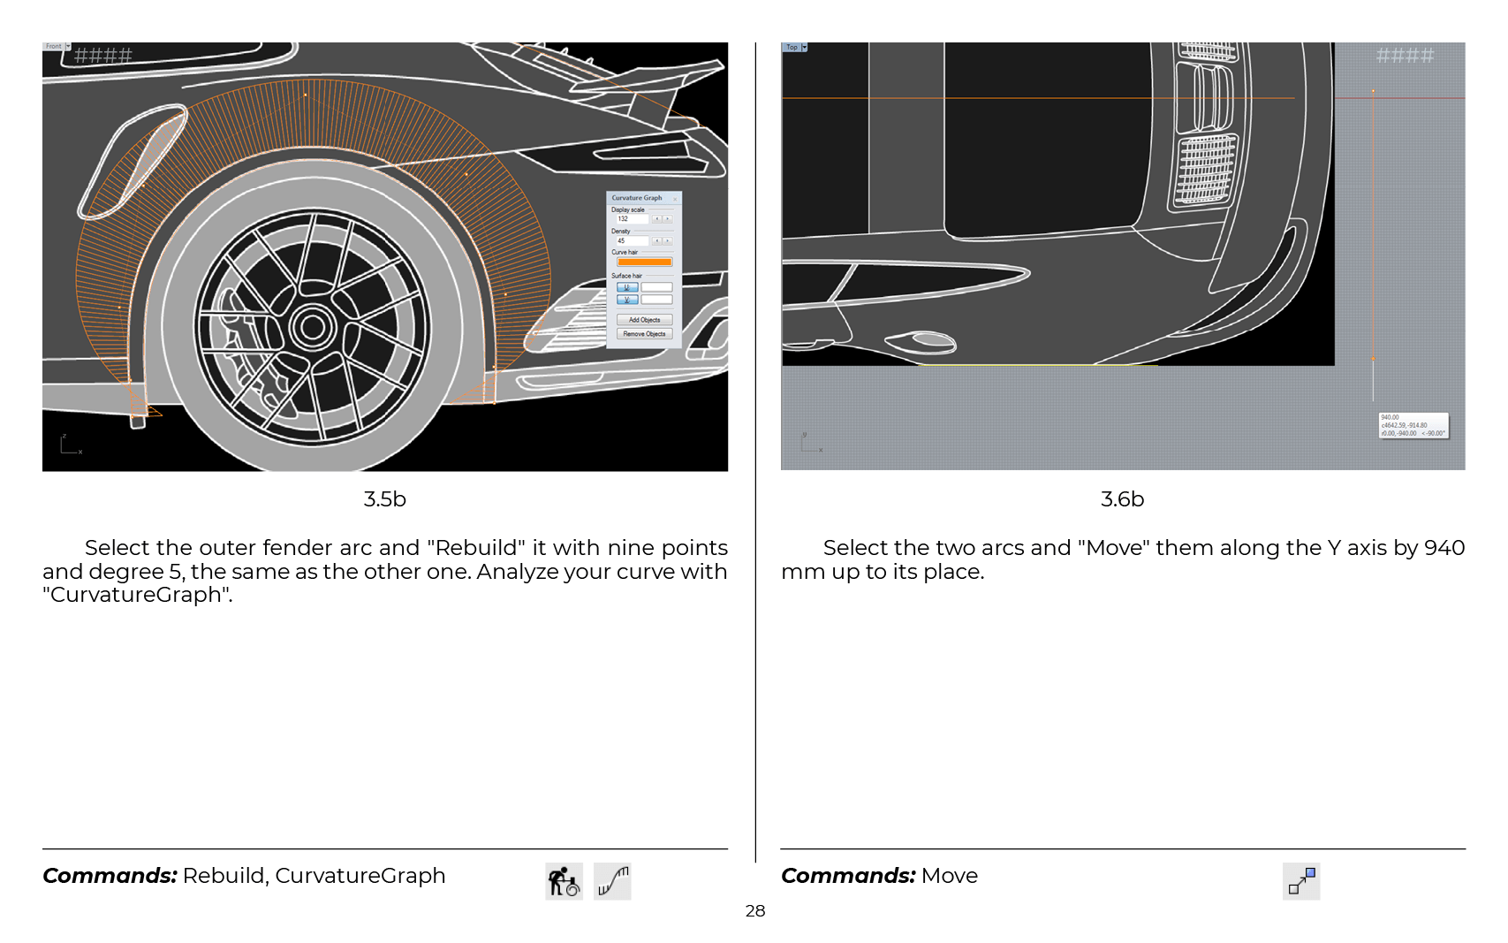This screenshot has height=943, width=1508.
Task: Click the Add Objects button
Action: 644,320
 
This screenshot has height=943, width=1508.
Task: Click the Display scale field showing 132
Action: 632,219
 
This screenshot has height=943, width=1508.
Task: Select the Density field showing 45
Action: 632,240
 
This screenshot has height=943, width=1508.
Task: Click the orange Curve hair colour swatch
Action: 644,262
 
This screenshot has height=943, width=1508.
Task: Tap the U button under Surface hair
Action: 627,287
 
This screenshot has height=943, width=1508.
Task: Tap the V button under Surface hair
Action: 627,300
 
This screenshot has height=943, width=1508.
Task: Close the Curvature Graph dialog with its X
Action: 676,199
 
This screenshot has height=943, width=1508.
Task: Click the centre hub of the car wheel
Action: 313,327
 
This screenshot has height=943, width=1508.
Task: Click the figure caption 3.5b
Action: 384,499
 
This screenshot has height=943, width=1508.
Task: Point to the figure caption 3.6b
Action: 1122,499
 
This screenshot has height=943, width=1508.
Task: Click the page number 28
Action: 754,911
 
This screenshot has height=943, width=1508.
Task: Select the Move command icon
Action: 1301,881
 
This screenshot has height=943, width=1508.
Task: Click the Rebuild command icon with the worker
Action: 564,881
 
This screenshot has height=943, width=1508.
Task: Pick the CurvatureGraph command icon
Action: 612,881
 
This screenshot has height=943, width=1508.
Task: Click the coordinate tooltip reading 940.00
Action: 1413,425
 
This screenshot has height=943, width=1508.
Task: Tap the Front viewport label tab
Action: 54,46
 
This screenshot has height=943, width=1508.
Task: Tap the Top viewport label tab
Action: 792,47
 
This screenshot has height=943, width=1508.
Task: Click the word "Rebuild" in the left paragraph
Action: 477,548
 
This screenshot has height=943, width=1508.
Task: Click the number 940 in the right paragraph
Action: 1444,548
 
